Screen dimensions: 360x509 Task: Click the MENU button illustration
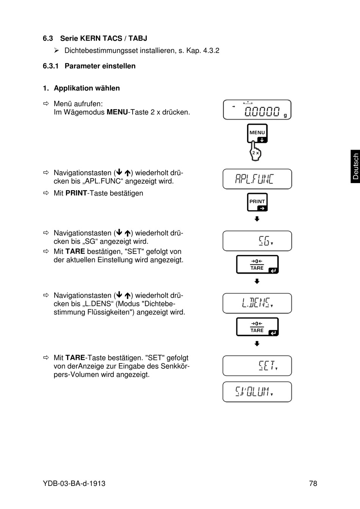point(257,133)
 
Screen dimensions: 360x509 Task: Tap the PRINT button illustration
point(257,202)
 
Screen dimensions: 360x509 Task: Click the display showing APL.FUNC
point(257,179)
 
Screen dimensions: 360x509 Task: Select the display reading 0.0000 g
point(257,110)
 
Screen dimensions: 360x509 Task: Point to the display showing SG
point(257,241)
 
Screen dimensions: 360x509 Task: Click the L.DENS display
point(257,303)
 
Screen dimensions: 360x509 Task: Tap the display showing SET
point(257,366)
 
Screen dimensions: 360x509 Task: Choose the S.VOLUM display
point(257,392)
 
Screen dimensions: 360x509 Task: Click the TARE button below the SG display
point(257,264)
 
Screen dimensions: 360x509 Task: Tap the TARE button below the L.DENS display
point(257,327)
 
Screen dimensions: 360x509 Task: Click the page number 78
point(313,483)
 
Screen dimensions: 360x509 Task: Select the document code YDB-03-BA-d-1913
point(74,483)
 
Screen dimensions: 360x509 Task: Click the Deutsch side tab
point(355,166)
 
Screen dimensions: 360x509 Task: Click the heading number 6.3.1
point(51,66)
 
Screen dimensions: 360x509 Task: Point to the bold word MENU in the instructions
point(117,112)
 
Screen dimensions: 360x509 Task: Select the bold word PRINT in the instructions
point(76,193)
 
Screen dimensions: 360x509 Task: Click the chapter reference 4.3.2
point(211,50)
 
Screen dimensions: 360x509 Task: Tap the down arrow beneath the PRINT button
point(257,219)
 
